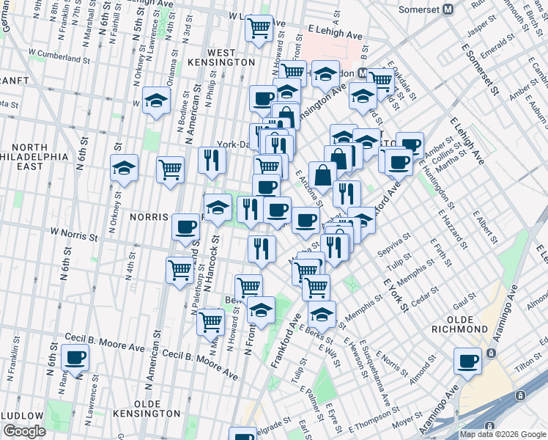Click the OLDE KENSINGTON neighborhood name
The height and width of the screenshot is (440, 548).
tap(147, 409)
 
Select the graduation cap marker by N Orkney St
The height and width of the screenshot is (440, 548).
tap(124, 168)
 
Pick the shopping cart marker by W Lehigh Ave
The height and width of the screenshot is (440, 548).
tap(259, 28)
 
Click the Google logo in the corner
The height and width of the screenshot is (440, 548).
tap(24, 431)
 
